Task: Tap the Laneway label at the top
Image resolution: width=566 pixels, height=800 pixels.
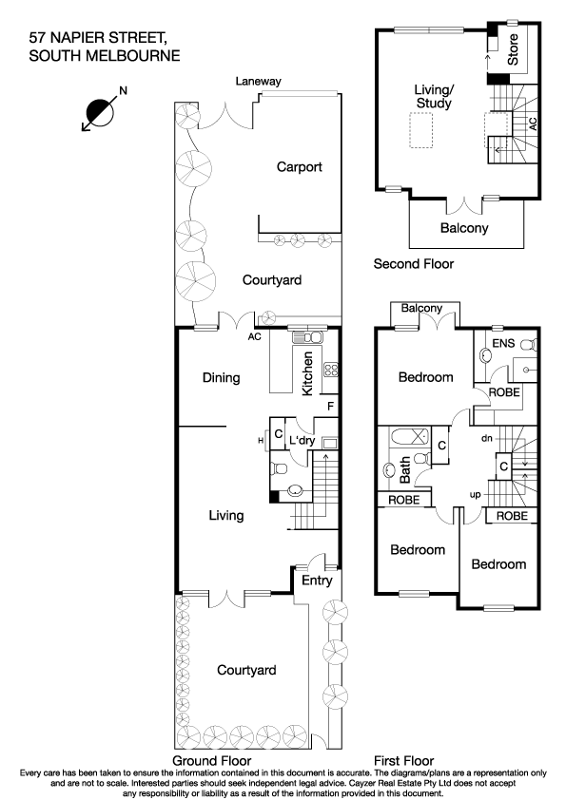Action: coord(258,82)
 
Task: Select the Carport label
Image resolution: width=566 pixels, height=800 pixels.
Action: coord(300,167)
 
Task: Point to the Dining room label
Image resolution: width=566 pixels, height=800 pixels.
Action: coord(221,378)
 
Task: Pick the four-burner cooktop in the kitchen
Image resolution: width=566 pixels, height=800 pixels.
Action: coord(333,371)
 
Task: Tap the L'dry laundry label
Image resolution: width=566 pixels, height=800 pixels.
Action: coord(303,441)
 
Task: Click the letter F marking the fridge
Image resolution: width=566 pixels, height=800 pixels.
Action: coord(330,407)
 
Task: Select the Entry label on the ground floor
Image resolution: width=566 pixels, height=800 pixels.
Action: coord(317,581)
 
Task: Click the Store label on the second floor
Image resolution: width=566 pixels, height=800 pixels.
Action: coord(513,50)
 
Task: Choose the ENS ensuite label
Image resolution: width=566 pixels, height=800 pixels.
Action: coord(502,342)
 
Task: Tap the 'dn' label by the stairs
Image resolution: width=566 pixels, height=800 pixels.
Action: coord(486,438)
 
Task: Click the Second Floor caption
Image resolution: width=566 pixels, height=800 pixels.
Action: coord(414,264)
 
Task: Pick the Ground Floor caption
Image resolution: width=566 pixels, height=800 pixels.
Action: coord(211,761)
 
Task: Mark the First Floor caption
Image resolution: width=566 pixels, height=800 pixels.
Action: coord(404,761)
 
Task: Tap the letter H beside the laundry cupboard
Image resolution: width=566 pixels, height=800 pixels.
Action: coord(260,440)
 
